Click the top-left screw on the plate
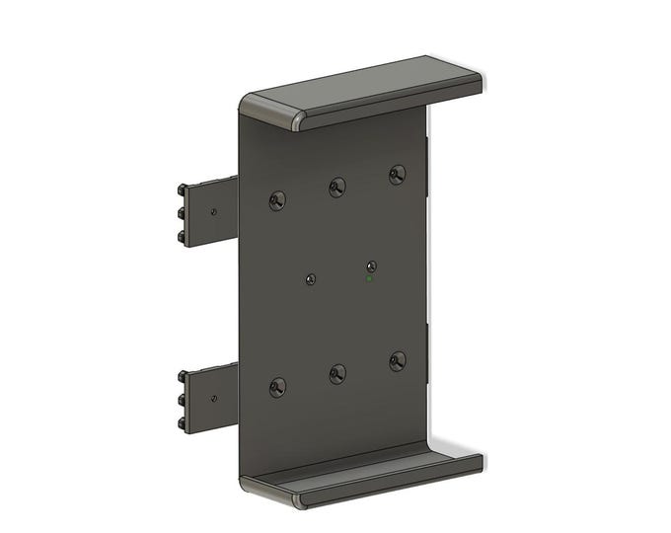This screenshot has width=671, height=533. pyautogui.click(x=277, y=200)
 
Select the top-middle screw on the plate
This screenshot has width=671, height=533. pyautogui.click(x=337, y=186)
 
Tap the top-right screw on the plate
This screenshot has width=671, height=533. pyautogui.click(x=397, y=174)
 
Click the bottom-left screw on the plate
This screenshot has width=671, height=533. pyautogui.click(x=277, y=387)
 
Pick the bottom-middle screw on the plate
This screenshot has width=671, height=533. pyautogui.click(x=337, y=372)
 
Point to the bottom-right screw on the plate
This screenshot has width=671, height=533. pyautogui.click(x=397, y=360)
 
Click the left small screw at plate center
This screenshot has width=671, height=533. pyautogui.click(x=311, y=279)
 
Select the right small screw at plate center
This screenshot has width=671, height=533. pyautogui.click(x=371, y=266)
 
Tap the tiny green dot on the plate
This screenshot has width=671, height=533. pyautogui.click(x=369, y=279)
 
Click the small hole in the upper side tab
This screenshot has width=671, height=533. pyautogui.click(x=213, y=210)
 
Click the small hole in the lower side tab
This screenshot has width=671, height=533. pyautogui.click(x=213, y=399)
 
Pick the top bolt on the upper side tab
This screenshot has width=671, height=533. pyautogui.click(x=183, y=189)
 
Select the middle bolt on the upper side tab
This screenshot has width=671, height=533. pyautogui.click(x=183, y=212)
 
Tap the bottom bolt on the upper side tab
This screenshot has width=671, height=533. pyautogui.click(x=183, y=237)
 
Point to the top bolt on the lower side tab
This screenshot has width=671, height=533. pyautogui.click(x=183, y=376)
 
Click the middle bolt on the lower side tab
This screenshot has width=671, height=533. pyautogui.click(x=183, y=400)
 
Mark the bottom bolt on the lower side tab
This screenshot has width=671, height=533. pyautogui.click(x=183, y=424)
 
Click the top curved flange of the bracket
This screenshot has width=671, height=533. pyautogui.click(x=375, y=89)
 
